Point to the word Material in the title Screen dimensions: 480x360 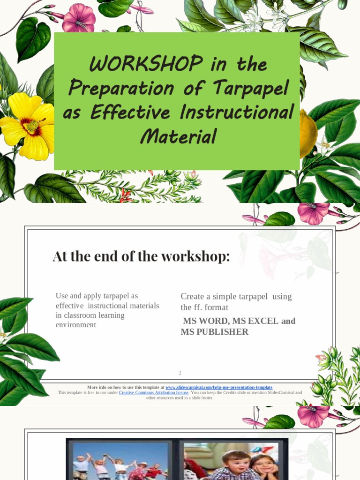point(178,137)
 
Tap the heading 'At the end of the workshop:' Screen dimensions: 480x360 point(141,257)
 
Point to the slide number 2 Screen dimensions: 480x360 point(180,373)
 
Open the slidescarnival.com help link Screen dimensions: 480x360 point(218,388)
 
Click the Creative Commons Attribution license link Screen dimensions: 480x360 point(154,393)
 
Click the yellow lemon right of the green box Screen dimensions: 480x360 point(308,134)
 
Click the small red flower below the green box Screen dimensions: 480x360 point(126,195)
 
